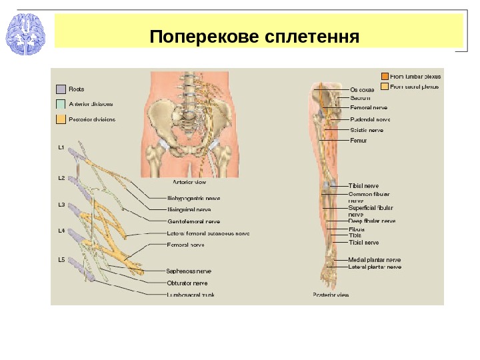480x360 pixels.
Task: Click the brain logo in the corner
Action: pos(25,34)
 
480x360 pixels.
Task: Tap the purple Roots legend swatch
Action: pos(61,89)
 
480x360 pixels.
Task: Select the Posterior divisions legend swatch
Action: pos(61,119)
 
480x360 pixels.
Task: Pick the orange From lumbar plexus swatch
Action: pos(384,76)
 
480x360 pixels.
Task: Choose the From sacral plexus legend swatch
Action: pos(384,86)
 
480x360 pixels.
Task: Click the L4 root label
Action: pos(61,231)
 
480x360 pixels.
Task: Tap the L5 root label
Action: pos(61,259)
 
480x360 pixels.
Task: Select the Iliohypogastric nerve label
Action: pos(193,198)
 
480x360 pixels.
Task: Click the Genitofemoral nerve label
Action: pos(193,221)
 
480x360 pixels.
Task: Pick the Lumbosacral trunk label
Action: pos(191,293)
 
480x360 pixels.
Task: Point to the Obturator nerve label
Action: pos(187,283)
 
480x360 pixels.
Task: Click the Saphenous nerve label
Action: pos(189,271)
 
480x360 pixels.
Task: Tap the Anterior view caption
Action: pos(189,181)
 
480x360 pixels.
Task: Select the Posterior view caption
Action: pos(331,294)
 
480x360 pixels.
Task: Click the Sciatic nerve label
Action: pos(367,130)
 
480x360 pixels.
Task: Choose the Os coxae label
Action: pos(362,89)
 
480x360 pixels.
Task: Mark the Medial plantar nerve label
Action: pos(375,259)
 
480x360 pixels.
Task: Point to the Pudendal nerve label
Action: pos(369,119)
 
